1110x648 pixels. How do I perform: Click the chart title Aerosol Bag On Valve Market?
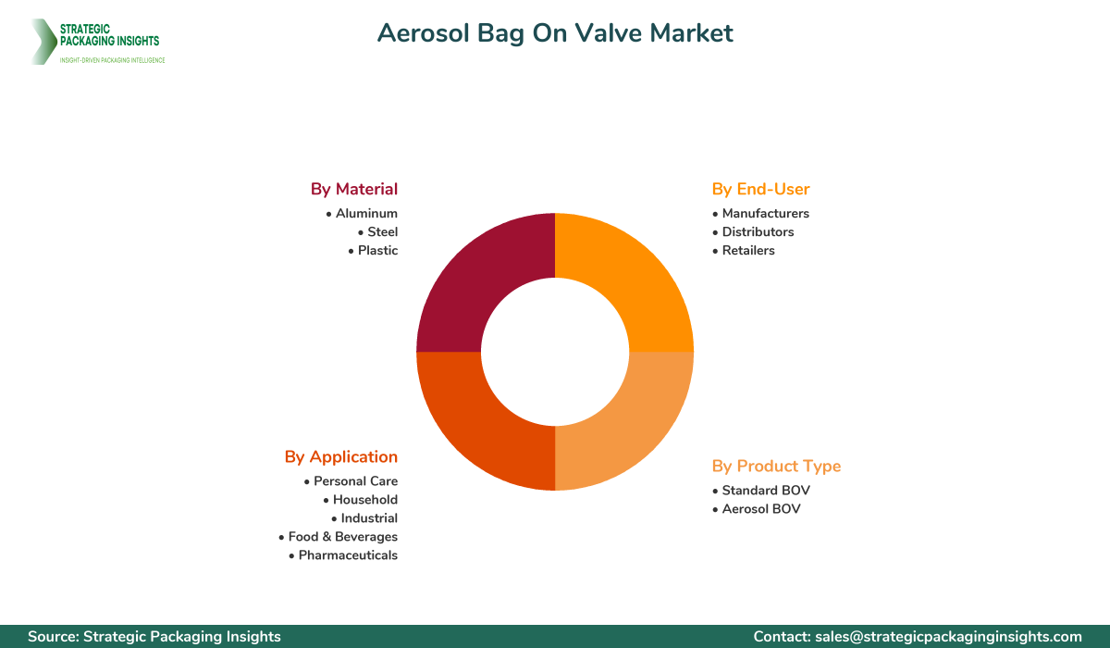tap(555, 33)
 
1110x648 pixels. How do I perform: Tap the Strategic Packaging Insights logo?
tap(97, 42)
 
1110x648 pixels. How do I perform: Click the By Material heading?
tap(354, 189)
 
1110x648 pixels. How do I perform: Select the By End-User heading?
tap(760, 189)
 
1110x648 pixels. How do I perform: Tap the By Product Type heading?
tap(776, 466)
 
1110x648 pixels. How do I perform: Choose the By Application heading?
tap(341, 456)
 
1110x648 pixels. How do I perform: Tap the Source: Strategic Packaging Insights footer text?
tap(154, 636)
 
